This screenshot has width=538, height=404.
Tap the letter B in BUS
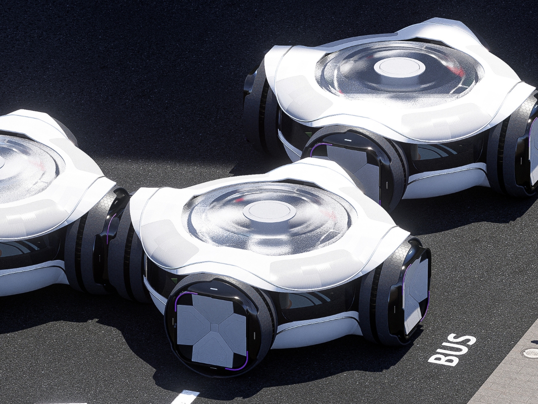pyautogui.click(x=437, y=359)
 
